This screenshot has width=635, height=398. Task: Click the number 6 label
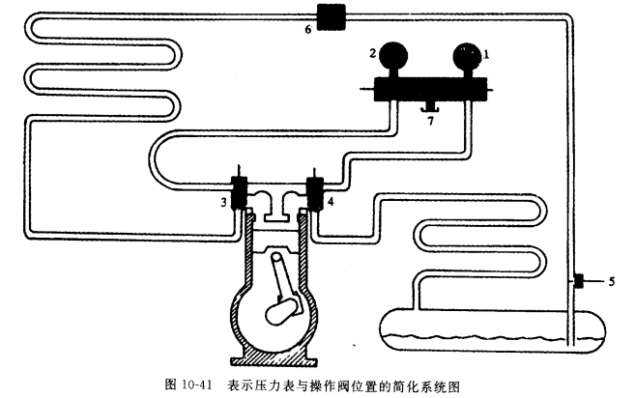click(x=308, y=29)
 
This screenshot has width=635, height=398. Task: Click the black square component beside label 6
click(x=331, y=16)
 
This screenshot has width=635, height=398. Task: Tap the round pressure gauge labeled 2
click(x=394, y=55)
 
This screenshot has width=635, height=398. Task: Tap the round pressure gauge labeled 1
click(x=467, y=55)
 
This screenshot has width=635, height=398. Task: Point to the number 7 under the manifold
click(x=430, y=122)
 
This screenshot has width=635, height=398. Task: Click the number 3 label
click(x=223, y=202)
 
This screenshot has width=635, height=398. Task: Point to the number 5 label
click(x=611, y=281)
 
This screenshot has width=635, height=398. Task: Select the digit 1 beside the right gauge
click(x=487, y=54)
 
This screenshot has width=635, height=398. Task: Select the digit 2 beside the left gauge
click(x=372, y=52)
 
